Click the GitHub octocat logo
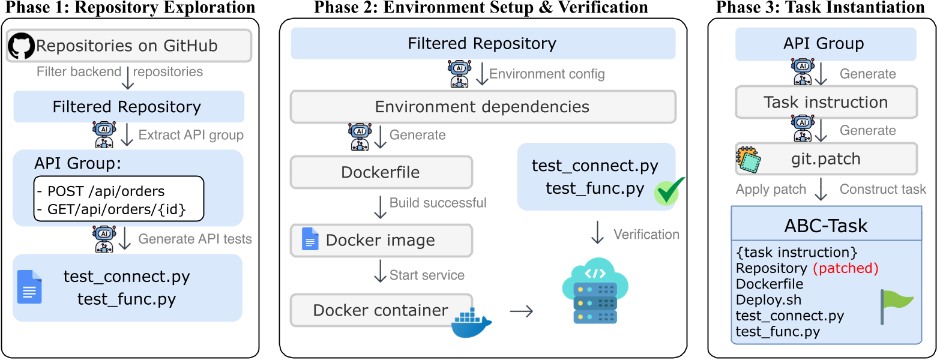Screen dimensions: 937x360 (22, 46)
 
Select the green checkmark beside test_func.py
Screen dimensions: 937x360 (670, 191)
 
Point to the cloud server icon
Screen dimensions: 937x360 (595, 291)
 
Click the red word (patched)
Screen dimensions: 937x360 (845, 268)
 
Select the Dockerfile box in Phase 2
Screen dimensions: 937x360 (382, 172)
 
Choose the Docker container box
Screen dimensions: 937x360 (382, 310)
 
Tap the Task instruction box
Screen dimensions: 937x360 (826, 103)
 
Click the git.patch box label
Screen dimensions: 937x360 (826, 160)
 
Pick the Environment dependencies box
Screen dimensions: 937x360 (483, 107)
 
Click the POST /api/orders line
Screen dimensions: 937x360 (101, 191)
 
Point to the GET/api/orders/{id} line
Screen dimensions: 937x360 (111, 209)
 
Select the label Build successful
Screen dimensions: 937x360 (438, 203)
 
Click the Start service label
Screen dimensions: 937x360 (427, 275)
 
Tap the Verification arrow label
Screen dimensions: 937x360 (646, 235)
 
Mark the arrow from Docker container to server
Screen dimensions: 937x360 (521, 311)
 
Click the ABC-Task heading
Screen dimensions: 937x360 (826, 226)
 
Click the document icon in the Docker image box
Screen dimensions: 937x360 (310, 239)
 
